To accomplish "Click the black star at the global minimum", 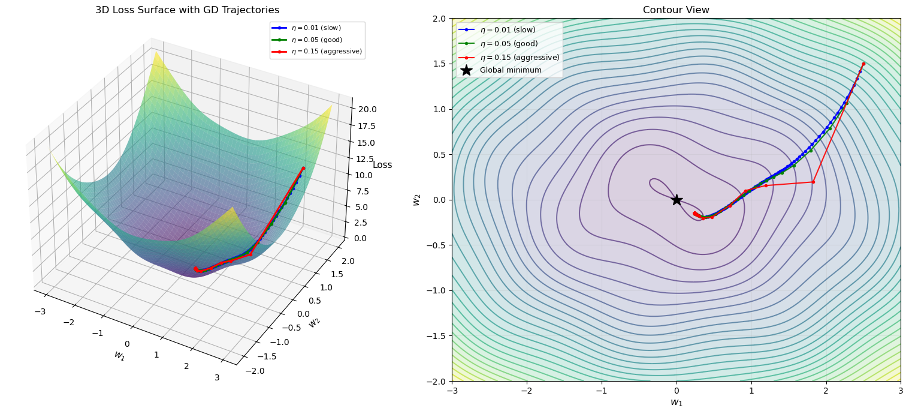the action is tap(677, 199).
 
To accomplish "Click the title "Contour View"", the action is tap(676, 10).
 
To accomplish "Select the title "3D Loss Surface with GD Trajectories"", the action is tap(188, 10).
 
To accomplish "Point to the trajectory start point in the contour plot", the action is tap(863, 64).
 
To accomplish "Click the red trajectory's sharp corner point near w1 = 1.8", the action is tap(813, 182).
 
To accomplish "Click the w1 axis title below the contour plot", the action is tap(676, 403).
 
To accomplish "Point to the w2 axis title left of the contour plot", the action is tap(417, 200).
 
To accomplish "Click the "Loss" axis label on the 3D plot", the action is tap(382, 165).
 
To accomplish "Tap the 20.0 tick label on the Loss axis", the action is tap(367, 109).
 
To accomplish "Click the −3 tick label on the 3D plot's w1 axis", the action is tap(40, 311).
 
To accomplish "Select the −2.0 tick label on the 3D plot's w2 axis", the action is tap(255, 371).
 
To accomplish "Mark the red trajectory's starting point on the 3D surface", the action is tap(303, 168).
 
